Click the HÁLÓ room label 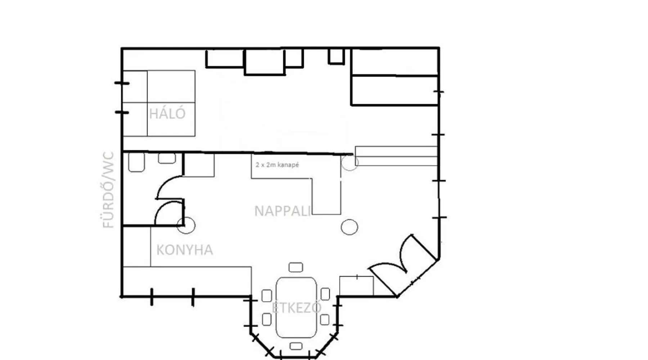pos(167,113)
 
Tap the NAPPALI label pos(283,211)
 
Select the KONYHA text pos(185,250)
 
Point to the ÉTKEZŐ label pos(296,307)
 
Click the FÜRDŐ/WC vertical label pos(108,190)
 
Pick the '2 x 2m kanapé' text pos(277,165)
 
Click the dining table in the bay pos(296,307)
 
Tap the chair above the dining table pos(296,267)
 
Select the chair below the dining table pos(296,346)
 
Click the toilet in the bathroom pos(136,162)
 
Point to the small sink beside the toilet pos(167,158)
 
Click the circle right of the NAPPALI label pos(349,227)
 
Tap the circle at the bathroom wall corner pos(186,225)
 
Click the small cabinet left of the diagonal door pos(356,286)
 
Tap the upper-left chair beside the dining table pos(267,296)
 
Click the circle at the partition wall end pos(350,162)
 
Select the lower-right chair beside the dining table pos(325,319)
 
